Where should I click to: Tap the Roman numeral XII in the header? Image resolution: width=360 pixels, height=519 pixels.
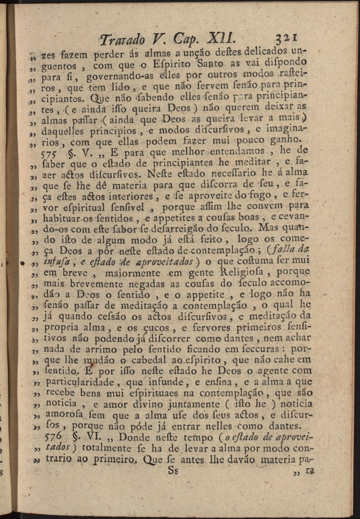point(221,39)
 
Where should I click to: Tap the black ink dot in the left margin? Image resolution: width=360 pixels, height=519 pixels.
point(22,262)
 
